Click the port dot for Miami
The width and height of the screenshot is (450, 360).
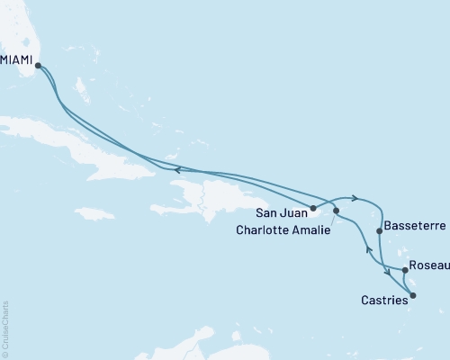(38, 65)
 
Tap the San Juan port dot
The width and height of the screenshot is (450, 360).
(313, 208)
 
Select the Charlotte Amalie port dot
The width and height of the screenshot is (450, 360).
(337, 211)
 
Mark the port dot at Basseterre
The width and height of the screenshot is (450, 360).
(379, 231)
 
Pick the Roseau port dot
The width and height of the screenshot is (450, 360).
(405, 268)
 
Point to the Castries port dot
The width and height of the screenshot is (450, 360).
(413, 294)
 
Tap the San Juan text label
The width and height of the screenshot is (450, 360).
(280, 213)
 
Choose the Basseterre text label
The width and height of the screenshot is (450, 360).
(412, 226)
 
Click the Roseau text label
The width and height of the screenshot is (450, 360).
(429, 267)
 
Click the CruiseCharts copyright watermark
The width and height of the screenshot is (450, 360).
(5, 329)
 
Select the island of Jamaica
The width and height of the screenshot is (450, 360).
(94, 213)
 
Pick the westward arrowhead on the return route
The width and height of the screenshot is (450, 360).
(177, 169)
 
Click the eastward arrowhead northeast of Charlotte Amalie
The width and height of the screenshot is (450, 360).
(357, 198)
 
